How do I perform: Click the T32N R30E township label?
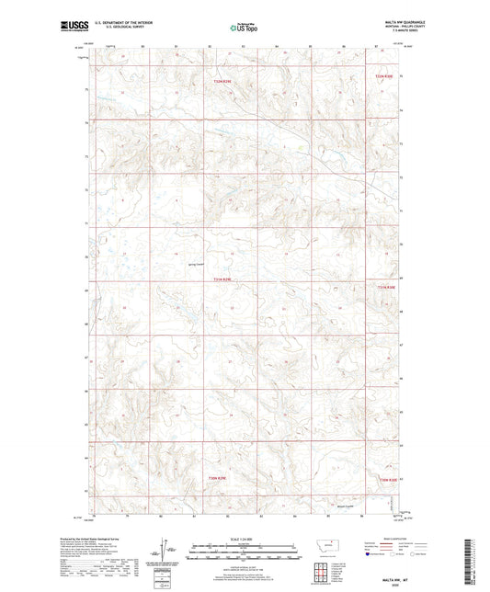pos(383,77)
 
